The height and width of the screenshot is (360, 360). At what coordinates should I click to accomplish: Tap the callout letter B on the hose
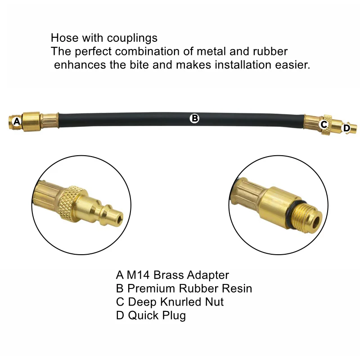pos(194,118)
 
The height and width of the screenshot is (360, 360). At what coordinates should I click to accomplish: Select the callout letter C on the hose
pos(324,125)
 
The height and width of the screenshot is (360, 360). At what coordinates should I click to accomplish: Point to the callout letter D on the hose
pos(346,128)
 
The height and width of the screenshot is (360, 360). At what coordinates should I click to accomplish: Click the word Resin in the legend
pos(237,288)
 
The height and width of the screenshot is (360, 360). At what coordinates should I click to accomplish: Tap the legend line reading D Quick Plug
pos(151,315)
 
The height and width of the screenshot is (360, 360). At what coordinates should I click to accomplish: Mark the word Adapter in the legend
pos(207,275)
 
